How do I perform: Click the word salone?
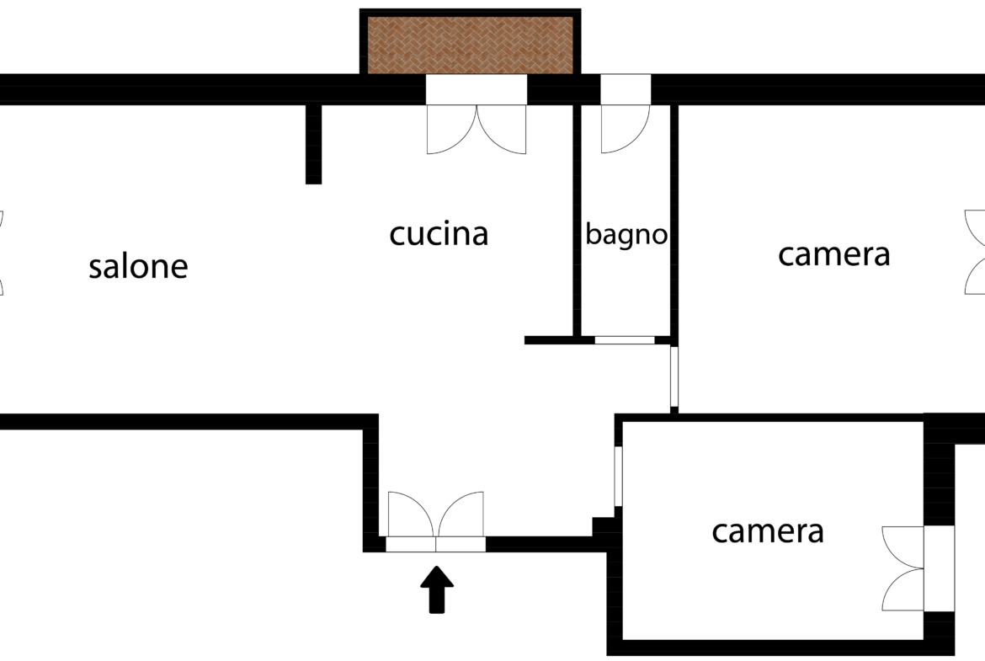138,266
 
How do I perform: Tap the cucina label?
439,234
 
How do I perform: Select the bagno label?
626,235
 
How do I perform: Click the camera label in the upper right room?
833,254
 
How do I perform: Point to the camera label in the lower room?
768,531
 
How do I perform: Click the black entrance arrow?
437,589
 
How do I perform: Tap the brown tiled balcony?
470,45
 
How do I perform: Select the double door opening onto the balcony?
477,130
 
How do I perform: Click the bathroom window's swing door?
625,129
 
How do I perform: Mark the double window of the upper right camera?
975,252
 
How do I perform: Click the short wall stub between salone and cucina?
313,144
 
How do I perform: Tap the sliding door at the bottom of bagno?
625,340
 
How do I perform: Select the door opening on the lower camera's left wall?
618,476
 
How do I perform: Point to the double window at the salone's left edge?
2,253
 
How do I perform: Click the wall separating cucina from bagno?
577,221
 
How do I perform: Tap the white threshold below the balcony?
477,89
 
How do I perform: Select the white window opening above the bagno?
626,89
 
